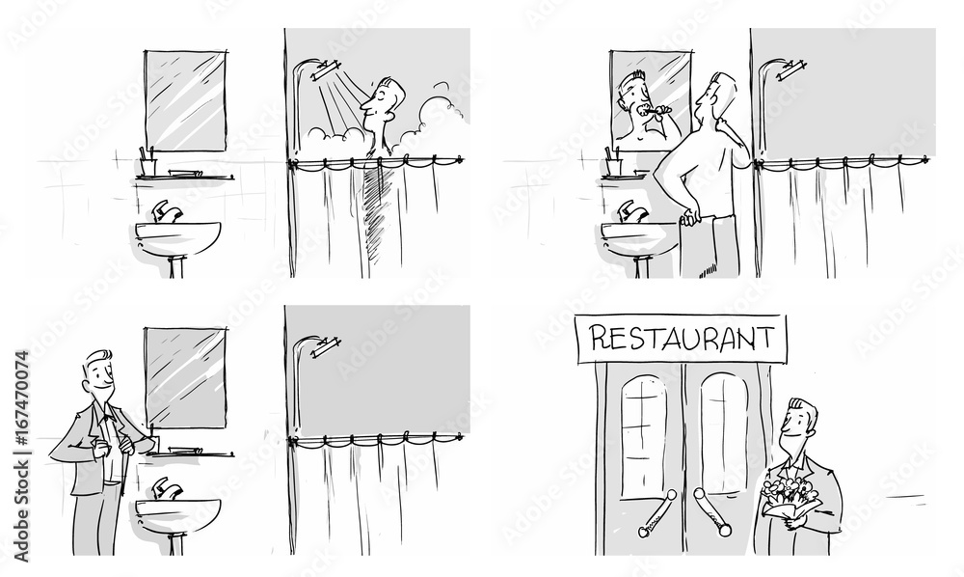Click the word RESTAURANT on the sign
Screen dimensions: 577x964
(681, 338)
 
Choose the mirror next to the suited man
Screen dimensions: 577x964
(186, 378)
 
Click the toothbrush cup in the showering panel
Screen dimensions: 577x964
(147, 165)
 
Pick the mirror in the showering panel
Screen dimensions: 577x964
(186, 100)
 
